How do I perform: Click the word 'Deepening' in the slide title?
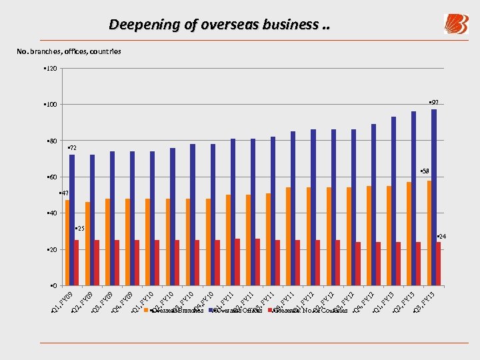138,25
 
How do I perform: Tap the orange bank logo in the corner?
456,24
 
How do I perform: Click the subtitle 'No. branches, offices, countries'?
69,51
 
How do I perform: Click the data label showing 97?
433,103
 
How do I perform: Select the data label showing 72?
72,147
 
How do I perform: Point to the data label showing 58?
425,171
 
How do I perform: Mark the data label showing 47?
64,193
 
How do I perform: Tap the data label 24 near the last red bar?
441,237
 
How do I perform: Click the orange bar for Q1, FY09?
67,243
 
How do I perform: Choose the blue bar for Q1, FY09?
72,220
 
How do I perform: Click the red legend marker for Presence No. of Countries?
270,311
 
